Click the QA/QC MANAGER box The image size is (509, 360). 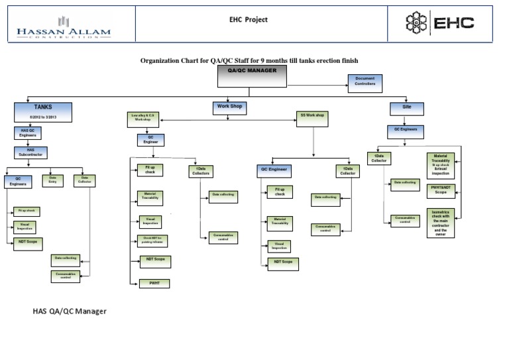(x=251, y=77)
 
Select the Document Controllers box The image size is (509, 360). (x=365, y=82)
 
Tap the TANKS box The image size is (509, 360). (x=43, y=111)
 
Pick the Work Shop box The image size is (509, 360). (x=227, y=106)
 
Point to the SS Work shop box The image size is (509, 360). (x=312, y=117)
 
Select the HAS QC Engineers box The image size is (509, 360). (x=28, y=133)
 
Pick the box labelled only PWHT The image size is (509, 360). (x=154, y=283)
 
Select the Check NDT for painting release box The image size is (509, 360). (x=153, y=241)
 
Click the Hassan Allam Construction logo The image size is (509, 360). (x=64, y=27)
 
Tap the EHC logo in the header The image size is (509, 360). (x=440, y=24)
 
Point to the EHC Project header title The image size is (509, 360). (x=249, y=20)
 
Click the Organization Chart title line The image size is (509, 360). (x=249, y=60)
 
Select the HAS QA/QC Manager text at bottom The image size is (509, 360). (x=70, y=310)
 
